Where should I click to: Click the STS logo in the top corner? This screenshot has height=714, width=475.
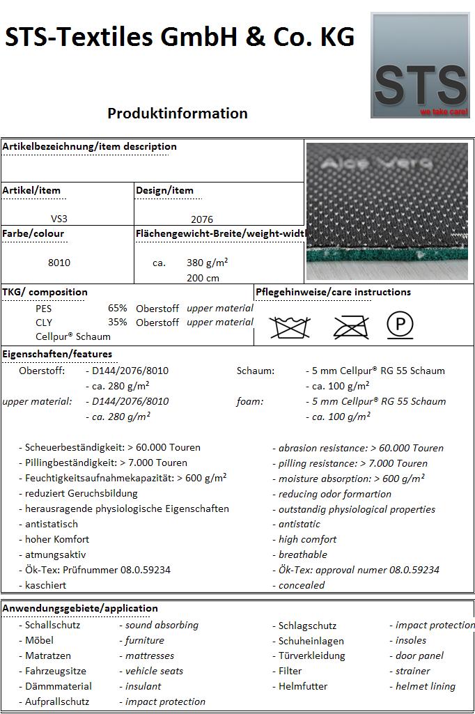click(x=419, y=65)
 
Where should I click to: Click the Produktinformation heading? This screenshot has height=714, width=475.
click(x=178, y=114)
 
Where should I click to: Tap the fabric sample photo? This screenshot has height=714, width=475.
click(x=387, y=210)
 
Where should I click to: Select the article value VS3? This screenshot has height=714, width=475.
click(x=59, y=219)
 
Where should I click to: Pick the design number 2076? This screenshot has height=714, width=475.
click(x=202, y=219)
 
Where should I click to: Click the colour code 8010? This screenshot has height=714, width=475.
click(x=59, y=263)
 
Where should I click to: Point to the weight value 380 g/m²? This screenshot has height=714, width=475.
click(x=207, y=263)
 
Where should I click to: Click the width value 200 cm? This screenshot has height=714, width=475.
click(x=203, y=278)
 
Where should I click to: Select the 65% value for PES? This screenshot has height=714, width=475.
click(x=118, y=308)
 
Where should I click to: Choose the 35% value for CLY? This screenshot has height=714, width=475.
click(x=118, y=322)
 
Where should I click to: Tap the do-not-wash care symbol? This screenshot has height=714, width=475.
click(x=290, y=326)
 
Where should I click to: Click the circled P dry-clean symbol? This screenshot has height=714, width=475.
click(x=400, y=325)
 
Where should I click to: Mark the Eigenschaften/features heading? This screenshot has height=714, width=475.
click(x=57, y=354)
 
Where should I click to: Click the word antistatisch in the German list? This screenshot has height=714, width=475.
click(x=52, y=524)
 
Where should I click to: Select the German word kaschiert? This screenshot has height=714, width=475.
click(x=46, y=585)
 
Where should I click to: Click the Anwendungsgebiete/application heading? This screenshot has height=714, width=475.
click(x=80, y=608)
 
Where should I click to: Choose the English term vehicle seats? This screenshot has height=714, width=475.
click(x=154, y=671)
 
